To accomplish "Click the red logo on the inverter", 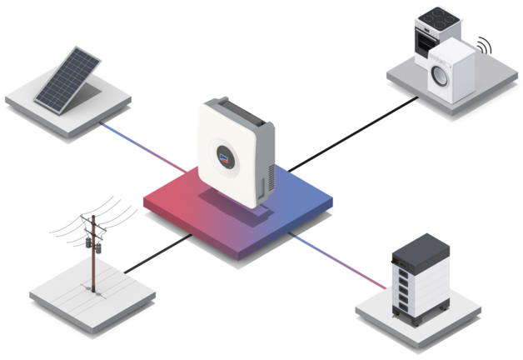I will [223, 154].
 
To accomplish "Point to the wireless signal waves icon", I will [485, 42].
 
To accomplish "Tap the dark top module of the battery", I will [421, 249].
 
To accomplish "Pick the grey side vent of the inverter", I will [264, 158].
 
